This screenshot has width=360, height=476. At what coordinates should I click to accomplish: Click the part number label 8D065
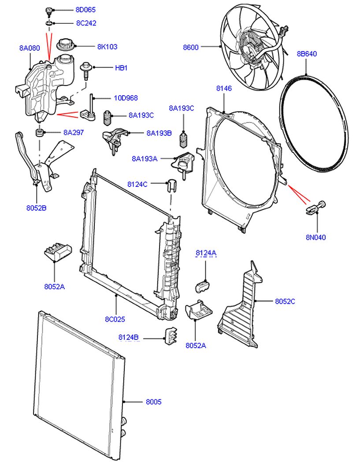click(85, 10)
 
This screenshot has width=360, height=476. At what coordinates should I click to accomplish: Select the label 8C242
click(86, 23)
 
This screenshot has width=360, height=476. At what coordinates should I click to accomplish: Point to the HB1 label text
click(121, 68)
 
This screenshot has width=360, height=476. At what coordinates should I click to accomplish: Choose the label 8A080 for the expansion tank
click(30, 48)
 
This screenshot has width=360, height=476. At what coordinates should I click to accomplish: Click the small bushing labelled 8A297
click(39, 132)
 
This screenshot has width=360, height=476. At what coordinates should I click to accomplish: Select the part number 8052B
click(36, 208)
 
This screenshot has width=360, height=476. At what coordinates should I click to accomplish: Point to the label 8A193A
click(144, 159)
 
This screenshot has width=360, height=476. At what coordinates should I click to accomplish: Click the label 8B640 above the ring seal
click(307, 54)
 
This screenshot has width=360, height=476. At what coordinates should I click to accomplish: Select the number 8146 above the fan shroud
click(224, 89)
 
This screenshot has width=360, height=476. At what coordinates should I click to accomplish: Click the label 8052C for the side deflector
click(285, 301)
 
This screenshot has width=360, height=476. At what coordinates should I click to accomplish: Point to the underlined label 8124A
click(206, 253)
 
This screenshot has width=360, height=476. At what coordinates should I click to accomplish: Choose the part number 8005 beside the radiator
click(153, 402)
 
